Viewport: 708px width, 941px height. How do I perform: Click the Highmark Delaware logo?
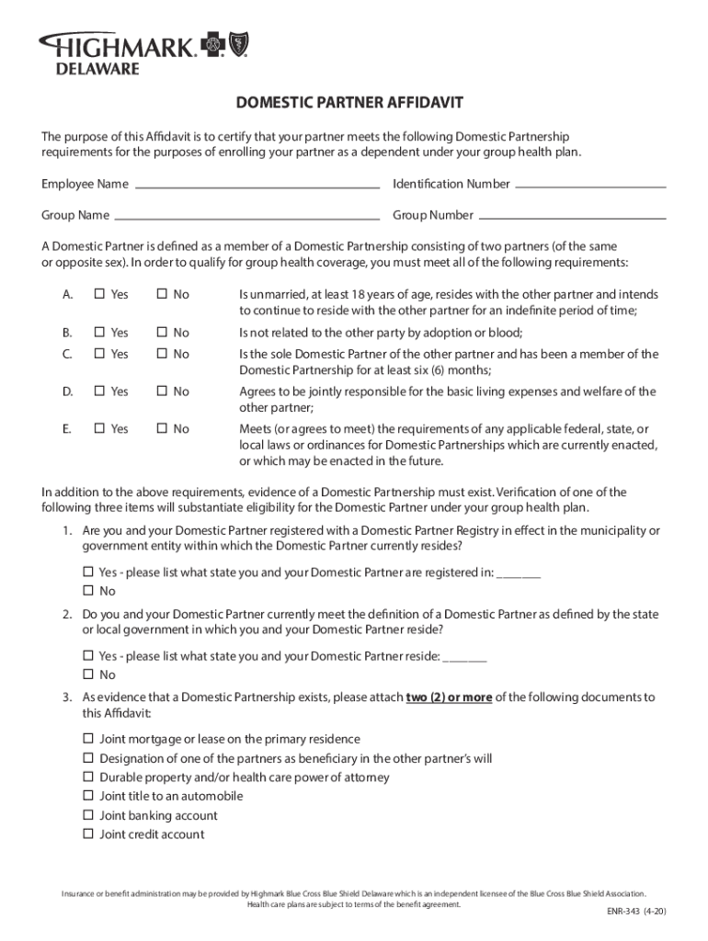(143, 52)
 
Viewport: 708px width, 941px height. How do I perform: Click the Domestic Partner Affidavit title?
(350, 102)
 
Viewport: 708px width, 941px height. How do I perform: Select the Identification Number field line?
(590, 185)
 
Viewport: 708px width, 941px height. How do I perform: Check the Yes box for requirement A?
(99, 295)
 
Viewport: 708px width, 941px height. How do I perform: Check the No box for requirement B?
(161, 333)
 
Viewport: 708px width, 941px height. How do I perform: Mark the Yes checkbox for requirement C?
(99, 354)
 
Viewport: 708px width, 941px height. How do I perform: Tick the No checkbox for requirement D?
(161, 391)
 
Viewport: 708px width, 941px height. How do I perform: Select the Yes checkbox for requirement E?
(99, 429)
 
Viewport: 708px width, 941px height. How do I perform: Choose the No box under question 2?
(88, 675)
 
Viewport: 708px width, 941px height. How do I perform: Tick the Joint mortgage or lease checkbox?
(88, 739)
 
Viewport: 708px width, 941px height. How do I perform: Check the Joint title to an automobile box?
(88, 797)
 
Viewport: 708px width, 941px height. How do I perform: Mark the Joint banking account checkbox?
(88, 816)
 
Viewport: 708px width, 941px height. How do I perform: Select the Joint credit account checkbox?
(88, 834)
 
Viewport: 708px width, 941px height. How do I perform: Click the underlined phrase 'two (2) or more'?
(449, 697)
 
